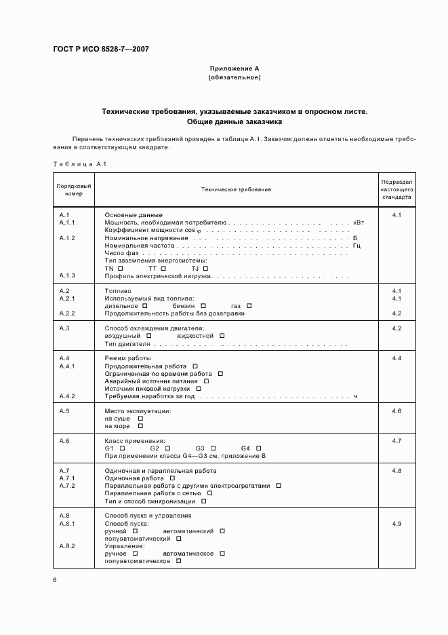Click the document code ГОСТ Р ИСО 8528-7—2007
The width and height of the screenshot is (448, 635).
[101, 50]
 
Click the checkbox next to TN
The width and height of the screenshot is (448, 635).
[120, 269]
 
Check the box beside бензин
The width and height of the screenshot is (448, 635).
[203, 305]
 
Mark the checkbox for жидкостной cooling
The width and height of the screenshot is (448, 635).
[222, 335]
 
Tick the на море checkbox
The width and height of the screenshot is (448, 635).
[140, 426]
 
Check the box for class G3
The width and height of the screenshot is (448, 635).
[213, 448]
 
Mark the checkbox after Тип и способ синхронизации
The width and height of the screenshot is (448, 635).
[203, 501]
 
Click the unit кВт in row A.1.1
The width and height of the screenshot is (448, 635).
[359, 223]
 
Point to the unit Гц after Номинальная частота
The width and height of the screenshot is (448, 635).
[357, 246]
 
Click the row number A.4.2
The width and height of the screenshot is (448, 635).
[67, 396]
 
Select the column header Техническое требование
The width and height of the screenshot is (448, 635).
[236, 189]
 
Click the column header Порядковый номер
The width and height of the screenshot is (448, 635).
[74, 189]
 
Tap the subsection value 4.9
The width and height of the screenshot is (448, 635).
[396, 524]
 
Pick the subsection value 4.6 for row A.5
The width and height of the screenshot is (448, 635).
[396, 411]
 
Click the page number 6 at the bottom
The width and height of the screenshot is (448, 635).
[55, 579]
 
